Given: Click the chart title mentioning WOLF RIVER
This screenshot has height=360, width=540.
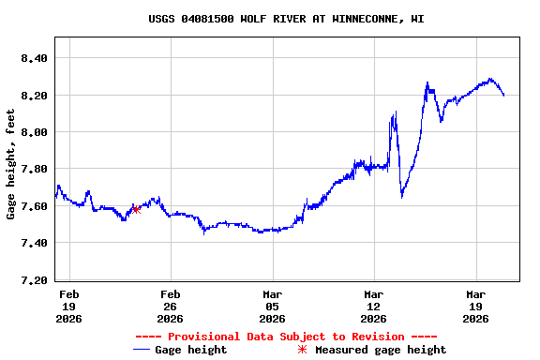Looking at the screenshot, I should point(286,19).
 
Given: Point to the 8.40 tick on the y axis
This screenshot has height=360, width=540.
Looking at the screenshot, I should point(34,58).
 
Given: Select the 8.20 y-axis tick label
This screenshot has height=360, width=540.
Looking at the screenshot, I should point(34,96).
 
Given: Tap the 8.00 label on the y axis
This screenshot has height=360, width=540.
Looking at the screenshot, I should point(34,132).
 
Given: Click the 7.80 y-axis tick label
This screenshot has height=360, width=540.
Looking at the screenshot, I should point(34,169).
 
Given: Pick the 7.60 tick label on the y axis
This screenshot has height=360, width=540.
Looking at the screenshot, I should point(34,206).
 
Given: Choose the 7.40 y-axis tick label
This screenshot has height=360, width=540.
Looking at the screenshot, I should point(34,243).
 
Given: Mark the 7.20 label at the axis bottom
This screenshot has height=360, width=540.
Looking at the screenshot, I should point(34,280).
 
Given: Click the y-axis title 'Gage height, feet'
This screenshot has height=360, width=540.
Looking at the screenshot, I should point(11,164).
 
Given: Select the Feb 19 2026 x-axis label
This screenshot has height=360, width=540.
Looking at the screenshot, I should point(69,306).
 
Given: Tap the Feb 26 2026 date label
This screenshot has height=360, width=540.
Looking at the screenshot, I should point(171,306).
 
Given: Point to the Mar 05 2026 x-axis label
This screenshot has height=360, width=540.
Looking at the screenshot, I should point(272,306).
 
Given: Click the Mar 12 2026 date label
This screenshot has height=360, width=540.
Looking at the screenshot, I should point(374,306).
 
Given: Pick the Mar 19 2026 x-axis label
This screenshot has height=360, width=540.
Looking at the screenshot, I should point(475,306).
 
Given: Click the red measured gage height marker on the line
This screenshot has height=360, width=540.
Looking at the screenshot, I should point(137,209).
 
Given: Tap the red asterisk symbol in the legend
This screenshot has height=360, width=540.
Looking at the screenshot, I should point(302,350).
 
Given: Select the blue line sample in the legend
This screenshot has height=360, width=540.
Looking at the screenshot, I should point(142,350).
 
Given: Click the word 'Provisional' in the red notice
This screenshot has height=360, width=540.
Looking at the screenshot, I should point(202,337).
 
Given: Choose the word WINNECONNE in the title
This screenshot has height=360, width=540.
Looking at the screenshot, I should point(366,19).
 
